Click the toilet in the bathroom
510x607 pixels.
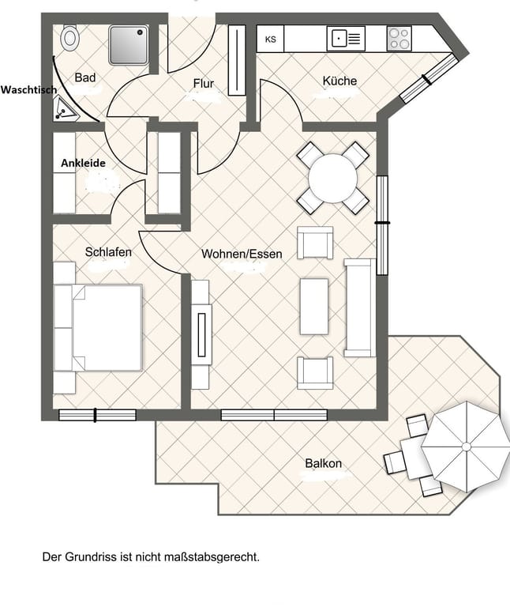coord(70,38)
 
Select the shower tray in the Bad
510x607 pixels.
coord(129,45)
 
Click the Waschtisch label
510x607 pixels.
coord(28,90)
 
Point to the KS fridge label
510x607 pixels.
coord(270,40)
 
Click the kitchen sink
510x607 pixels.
coord(346,38)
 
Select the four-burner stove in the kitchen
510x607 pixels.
coord(399,38)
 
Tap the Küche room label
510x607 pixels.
coord(339,81)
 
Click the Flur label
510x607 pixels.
coord(204,83)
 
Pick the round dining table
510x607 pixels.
coord(332,179)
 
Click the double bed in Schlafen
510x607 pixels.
coord(98,328)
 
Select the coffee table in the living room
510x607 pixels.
coord(314,306)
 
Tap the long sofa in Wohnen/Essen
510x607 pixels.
coord(359,307)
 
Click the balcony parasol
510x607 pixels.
coord(466,447)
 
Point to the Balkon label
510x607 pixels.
coord(323,463)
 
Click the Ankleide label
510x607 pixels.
coord(83,163)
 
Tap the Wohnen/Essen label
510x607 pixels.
coord(242,254)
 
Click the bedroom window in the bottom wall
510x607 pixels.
coord(97,415)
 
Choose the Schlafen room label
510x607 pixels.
coord(108,252)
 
